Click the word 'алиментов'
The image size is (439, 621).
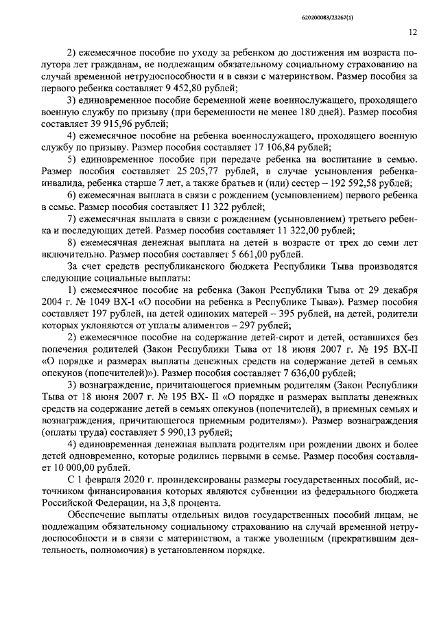point(189,325)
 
